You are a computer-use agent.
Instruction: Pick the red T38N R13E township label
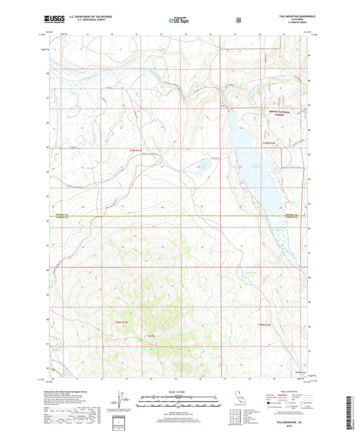click(x=119, y=322)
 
